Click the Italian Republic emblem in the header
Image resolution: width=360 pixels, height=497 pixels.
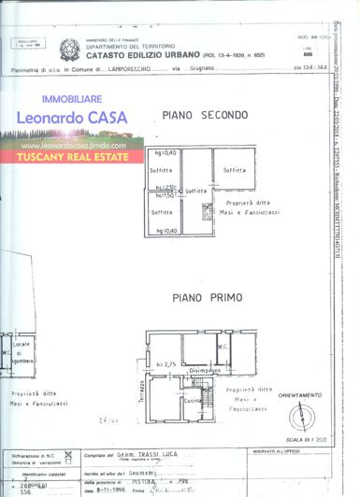(x=71, y=49)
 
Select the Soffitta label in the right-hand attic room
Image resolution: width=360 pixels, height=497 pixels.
(x=234, y=171)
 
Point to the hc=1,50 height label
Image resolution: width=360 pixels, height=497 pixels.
(x=165, y=194)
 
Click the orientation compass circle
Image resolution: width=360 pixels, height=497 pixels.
(x=302, y=417)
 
